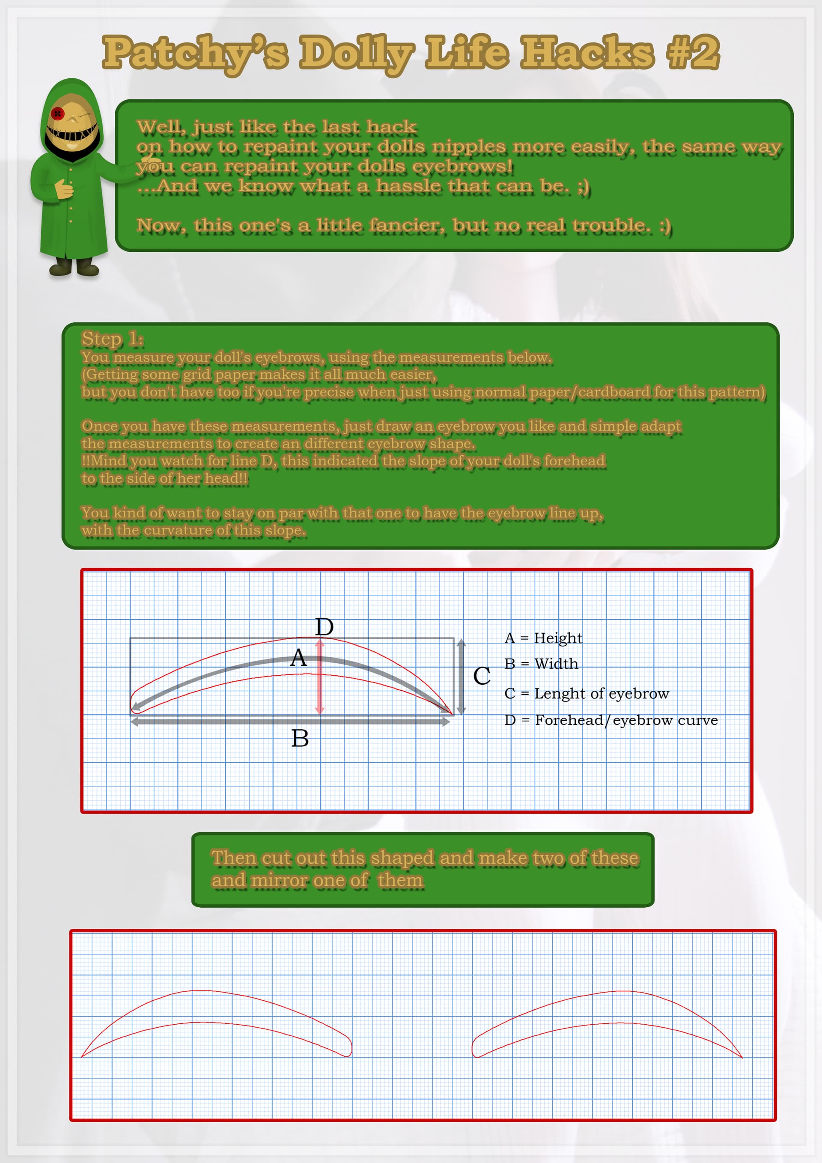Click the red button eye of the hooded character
(x=57, y=113)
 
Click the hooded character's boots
(x=74, y=267)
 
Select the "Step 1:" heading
(x=113, y=338)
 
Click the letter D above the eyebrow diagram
(x=324, y=627)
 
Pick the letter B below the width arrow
(x=300, y=739)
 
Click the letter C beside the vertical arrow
(x=482, y=676)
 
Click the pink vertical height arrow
(x=319, y=676)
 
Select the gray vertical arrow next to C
(x=461, y=677)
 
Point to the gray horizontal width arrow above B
(x=290, y=722)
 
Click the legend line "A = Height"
(x=543, y=638)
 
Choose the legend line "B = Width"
(x=541, y=664)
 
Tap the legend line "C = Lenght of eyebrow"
(x=587, y=693)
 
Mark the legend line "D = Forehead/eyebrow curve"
(x=611, y=720)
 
